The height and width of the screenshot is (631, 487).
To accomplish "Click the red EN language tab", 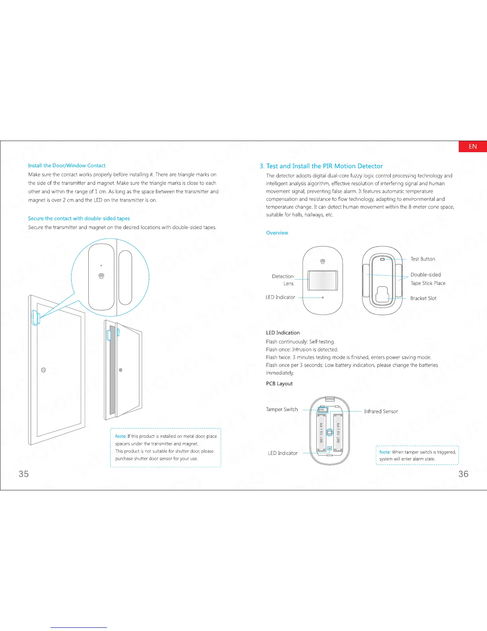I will [x=473, y=147].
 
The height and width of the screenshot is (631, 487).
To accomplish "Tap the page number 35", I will [x=23, y=474].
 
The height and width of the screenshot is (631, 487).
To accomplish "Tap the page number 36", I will [x=463, y=474].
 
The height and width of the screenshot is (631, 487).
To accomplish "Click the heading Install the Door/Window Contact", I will [x=66, y=165].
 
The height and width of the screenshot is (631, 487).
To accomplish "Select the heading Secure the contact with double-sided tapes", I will [x=79, y=218].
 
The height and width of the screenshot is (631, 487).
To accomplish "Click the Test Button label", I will [x=423, y=259].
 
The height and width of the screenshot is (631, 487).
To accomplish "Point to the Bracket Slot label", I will [x=423, y=298].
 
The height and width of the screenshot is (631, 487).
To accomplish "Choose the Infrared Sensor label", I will [x=380, y=411].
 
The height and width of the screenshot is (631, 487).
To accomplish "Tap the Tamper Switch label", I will [x=282, y=409].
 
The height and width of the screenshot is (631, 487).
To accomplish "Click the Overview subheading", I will [x=277, y=233].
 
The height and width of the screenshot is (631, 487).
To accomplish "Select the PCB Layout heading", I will [x=279, y=384].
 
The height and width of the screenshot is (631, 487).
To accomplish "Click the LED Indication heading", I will [x=283, y=333].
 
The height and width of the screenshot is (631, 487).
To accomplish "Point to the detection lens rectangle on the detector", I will [x=323, y=280].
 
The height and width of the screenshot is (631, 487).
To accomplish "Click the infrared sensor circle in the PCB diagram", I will [x=329, y=432].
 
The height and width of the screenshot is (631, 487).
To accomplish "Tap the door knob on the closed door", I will [x=44, y=370].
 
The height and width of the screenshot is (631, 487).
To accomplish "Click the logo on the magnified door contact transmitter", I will [x=101, y=276].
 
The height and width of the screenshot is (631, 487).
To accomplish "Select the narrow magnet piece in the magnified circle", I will [x=125, y=277].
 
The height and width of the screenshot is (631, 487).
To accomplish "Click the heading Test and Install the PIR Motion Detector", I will [x=321, y=166].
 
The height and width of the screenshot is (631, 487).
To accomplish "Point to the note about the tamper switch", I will [x=417, y=455].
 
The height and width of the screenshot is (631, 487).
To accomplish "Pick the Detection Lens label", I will [x=283, y=280].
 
